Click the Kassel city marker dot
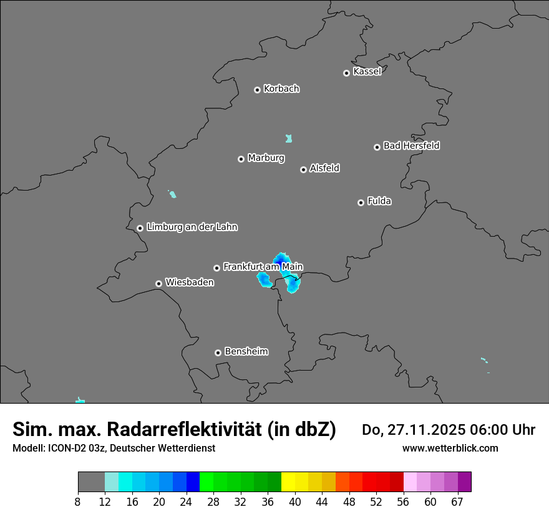click(346, 73)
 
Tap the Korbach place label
click(281, 89)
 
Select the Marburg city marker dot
click(241, 159)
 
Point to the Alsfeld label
click(324, 168)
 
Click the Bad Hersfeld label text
click(411, 146)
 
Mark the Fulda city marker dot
click(361, 202)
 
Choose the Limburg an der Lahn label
click(192, 227)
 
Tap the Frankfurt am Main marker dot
click(216, 268)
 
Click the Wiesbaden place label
click(189, 282)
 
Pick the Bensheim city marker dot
click(218, 353)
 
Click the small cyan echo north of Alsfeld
click(289, 138)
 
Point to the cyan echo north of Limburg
click(173, 194)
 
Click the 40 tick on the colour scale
click(295, 501)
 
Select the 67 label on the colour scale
click(457, 501)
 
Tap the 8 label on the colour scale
click(78, 501)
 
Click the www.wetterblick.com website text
click(450, 448)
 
